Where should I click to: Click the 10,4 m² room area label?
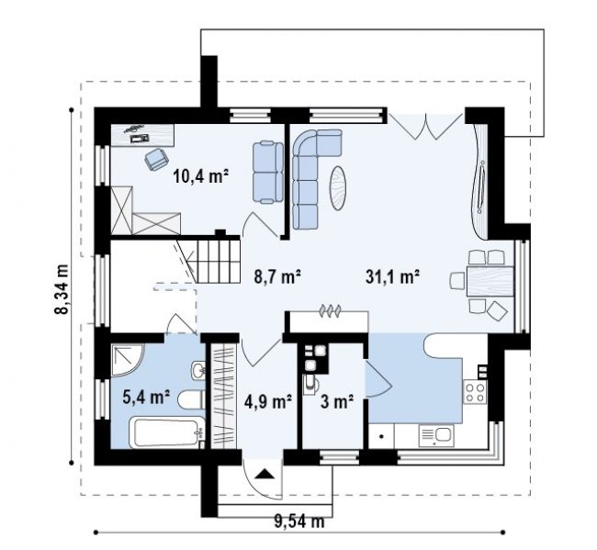coord(200,176)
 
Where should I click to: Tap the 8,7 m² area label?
coord(277,276)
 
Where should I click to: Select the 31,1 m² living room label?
coord(392,276)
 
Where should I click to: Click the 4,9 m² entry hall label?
coord(268,401)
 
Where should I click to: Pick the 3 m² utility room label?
coord(337,401)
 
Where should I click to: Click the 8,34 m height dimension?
coord(62,288)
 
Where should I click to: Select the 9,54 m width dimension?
coord(299,522)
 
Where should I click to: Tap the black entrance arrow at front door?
coord(265,474)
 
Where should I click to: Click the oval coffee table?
coord(338,188)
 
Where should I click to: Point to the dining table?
coord(490,281)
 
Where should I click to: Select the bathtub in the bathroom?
coord(166,432)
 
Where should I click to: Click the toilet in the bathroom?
coord(192,399)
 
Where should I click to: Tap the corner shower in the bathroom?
coord(128,360)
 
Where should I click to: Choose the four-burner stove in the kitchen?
coord(475,393)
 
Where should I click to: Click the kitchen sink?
coord(436,436)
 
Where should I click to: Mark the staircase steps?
coord(218,261)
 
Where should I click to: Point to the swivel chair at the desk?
coord(156,159)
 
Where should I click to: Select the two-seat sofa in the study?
coord(268,172)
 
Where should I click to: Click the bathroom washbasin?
coord(197,370)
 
